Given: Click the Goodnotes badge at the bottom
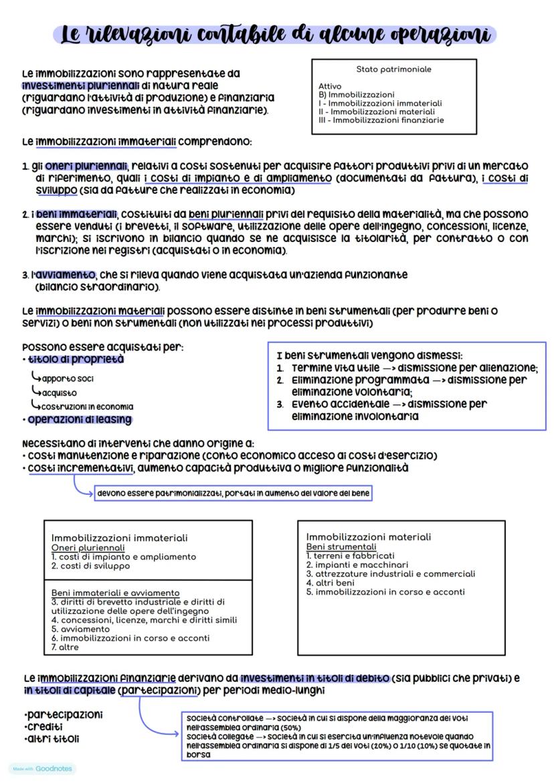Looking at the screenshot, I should pyautogui.click(x=42, y=769).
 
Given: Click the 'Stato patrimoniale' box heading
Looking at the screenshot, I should pyautogui.click(x=393, y=70).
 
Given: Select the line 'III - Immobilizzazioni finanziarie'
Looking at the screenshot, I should pyautogui.click(x=381, y=120).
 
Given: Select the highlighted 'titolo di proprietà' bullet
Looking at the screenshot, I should pyautogui.click(x=76, y=360).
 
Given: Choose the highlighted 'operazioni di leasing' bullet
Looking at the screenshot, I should pyautogui.click(x=79, y=420).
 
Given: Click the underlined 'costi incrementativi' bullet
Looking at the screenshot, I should pyautogui.click(x=80, y=469).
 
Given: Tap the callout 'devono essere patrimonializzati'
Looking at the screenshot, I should pyautogui.click(x=233, y=494).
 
